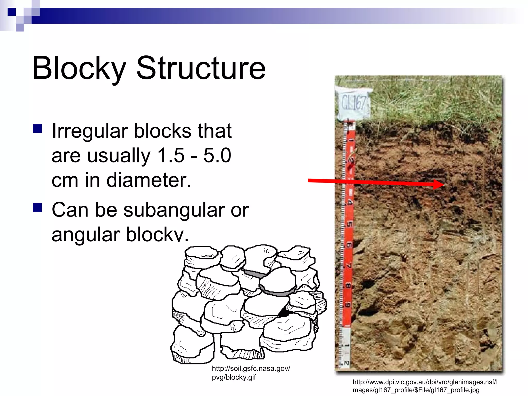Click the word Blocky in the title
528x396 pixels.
(79, 68)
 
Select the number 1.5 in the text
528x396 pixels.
(171, 155)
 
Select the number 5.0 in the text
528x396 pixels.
(217, 155)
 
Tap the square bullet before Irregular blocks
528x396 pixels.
(37, 128)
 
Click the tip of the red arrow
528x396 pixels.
(443, 184)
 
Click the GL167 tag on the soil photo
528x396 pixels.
(353, 103)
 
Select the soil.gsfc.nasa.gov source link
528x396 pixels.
(251, 373)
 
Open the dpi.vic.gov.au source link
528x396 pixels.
(425, 386)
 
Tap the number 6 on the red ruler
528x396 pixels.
(349, 244)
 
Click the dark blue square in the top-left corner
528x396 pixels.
(12, 12)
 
